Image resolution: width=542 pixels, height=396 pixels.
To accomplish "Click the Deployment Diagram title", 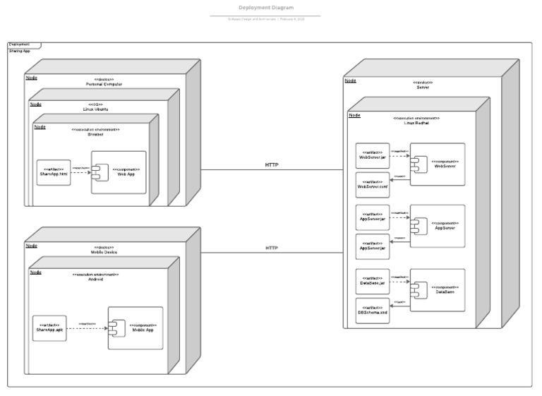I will pos(266,8).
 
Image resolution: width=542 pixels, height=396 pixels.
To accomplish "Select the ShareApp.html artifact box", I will pos(54,173).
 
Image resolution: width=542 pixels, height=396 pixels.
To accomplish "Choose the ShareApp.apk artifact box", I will pos(49,328).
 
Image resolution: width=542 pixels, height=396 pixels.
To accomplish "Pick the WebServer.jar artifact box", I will pos(372,155).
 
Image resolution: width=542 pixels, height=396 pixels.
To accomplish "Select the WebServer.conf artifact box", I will pos(372,185).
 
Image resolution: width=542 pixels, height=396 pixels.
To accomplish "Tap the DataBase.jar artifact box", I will pos(372,281).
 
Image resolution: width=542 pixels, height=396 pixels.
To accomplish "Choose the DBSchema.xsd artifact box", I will pos(372,310).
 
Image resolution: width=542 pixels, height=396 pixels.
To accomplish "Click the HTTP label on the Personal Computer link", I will pos(272,164).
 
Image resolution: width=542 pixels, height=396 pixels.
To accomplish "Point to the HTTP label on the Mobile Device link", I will pos(272,248).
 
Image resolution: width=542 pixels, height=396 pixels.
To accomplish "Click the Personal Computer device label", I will pos(104,84).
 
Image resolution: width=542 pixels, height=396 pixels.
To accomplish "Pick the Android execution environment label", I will pos(95,280).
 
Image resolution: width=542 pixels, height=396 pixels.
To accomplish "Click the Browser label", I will pos(95,135).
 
